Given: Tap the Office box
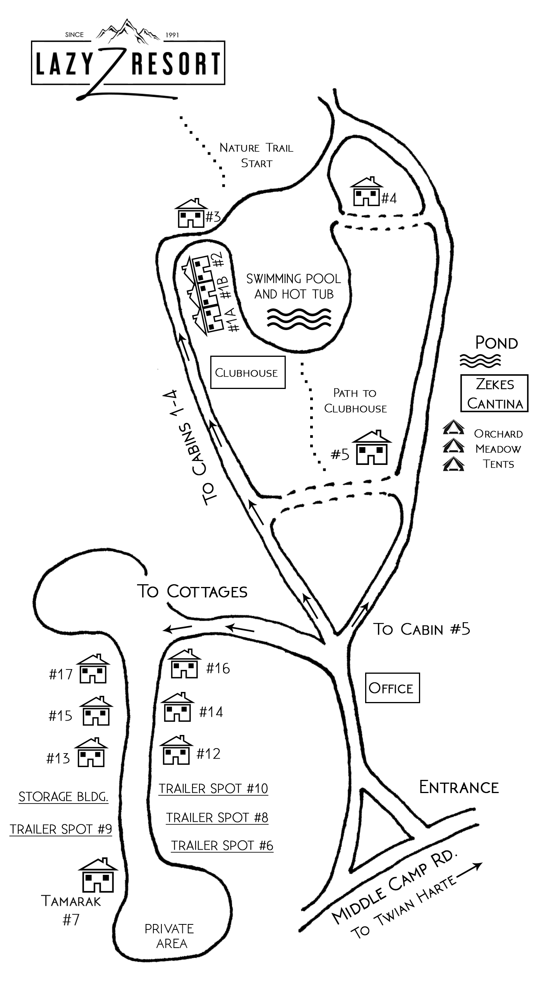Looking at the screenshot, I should pyautogui.click(x=392, y=688).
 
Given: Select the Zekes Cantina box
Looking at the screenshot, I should pyautogui.click(x=494, y=393).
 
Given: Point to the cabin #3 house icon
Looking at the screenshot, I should pyautogui.click(x=191, y=213).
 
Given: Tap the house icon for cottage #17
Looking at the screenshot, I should pyautogui.click(x=93, y=669).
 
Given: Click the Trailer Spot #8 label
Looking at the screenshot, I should pyautogui.click(x=217, y=818).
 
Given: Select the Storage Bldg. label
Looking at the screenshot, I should pyautogui.click(x=64, y=797).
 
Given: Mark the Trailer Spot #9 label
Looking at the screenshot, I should pyautogui.click(x=61, y=829).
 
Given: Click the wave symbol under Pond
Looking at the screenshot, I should pyautogui.click(x=480, y=361).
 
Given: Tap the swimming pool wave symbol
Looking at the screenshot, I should pyautogui.click(x=299, y=319).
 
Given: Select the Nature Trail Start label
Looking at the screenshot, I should pyautogui.click(x=256, y=155).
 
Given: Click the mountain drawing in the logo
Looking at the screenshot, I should pyautogui.click(x=127, y=30).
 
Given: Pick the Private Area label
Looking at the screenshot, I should pyautogui.click(x=170, y=936).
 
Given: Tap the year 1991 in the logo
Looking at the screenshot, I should pyautogui.click(x=172, y=35).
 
